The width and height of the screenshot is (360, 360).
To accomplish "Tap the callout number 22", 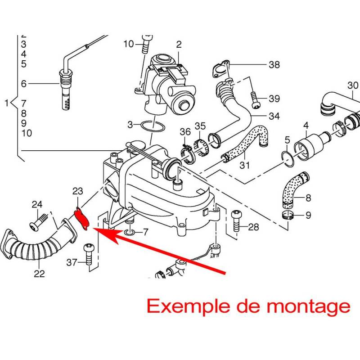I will [x=39, y=273].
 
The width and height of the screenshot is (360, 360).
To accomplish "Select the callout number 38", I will [x=274, y=65].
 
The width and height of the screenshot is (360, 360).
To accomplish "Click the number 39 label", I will [x=274, y=99].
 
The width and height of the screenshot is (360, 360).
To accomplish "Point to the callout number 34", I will [x=274, y=116].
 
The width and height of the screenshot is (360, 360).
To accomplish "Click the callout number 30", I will [x=353, y=85].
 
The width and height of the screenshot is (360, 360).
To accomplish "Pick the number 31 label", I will [x=244, y=165].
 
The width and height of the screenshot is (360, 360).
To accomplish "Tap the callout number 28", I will [x=253, y=227].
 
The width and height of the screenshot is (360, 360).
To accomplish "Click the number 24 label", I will [x=37, y=205].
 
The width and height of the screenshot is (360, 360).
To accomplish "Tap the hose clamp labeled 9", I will [x=288, y=215].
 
